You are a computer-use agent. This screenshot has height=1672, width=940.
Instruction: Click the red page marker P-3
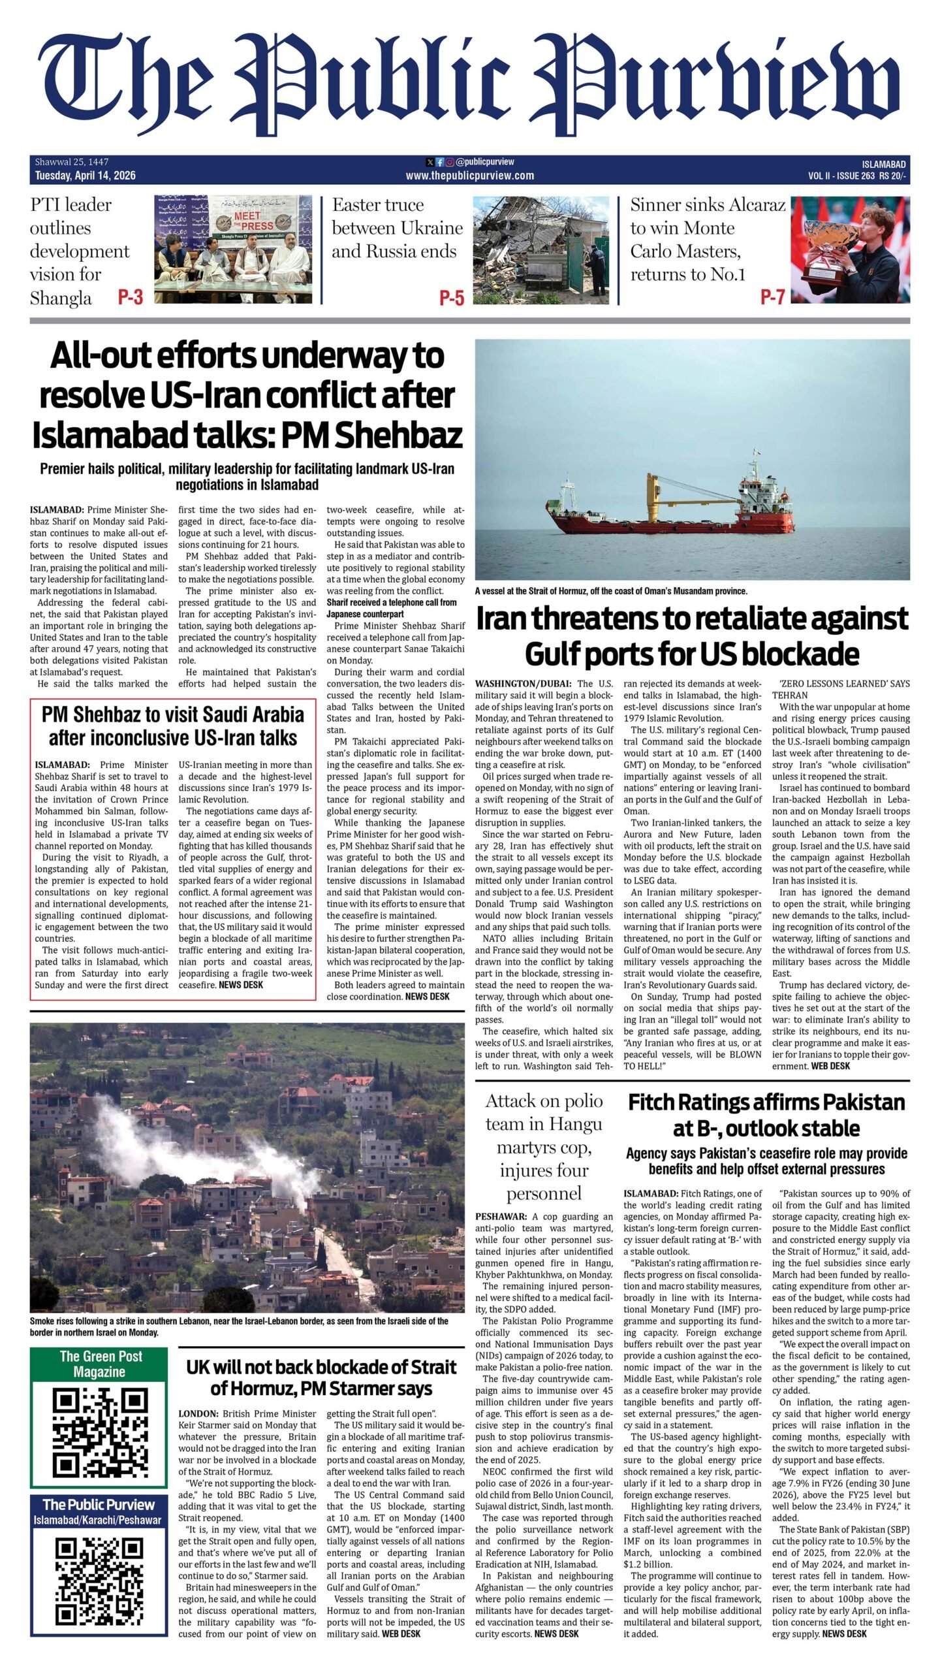(x=130, y=297)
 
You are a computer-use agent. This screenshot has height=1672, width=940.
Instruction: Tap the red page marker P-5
(x=452, y=298)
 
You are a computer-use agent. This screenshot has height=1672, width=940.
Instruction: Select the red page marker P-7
(x=772, y=297)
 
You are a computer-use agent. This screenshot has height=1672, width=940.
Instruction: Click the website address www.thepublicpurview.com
(x=469, y=175)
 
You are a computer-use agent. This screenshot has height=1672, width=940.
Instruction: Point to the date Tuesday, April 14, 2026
(x=86, y=175)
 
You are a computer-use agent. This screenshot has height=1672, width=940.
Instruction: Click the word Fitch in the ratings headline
(x=657, y=1103)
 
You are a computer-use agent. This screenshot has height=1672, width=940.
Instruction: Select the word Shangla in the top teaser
(x=61, y=298)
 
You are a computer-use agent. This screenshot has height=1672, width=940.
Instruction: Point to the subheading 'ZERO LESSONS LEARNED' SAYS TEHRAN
(x=840, y=689)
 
